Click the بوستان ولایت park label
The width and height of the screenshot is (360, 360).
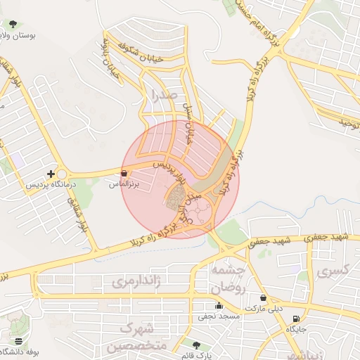pos(17,34)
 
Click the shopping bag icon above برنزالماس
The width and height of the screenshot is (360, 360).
pos(124,173)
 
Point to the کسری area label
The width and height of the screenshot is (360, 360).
pos(333,271)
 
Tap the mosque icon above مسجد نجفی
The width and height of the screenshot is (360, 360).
pos(219,306)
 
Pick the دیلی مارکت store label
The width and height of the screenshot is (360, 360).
pos(263,309)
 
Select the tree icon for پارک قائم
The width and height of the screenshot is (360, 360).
pos(196,345)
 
